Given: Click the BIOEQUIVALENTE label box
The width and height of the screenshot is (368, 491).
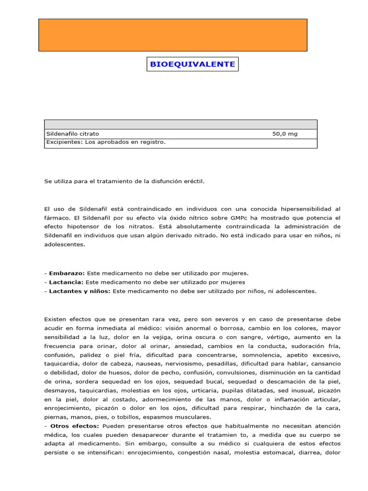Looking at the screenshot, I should click(x=193, y=64).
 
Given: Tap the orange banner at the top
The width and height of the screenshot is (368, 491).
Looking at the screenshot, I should click(x=172, y=35).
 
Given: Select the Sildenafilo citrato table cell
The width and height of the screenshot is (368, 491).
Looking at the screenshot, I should click(x=72, y=134).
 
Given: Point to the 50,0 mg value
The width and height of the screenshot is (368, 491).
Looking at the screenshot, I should click(x=285, y=134).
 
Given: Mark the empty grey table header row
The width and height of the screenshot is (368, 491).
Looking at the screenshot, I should click(x=181, y=124).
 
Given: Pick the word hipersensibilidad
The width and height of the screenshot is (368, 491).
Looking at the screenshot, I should click(x=304, y=209).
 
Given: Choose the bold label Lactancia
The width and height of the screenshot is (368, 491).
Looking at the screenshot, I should click(x=65, y=282).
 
